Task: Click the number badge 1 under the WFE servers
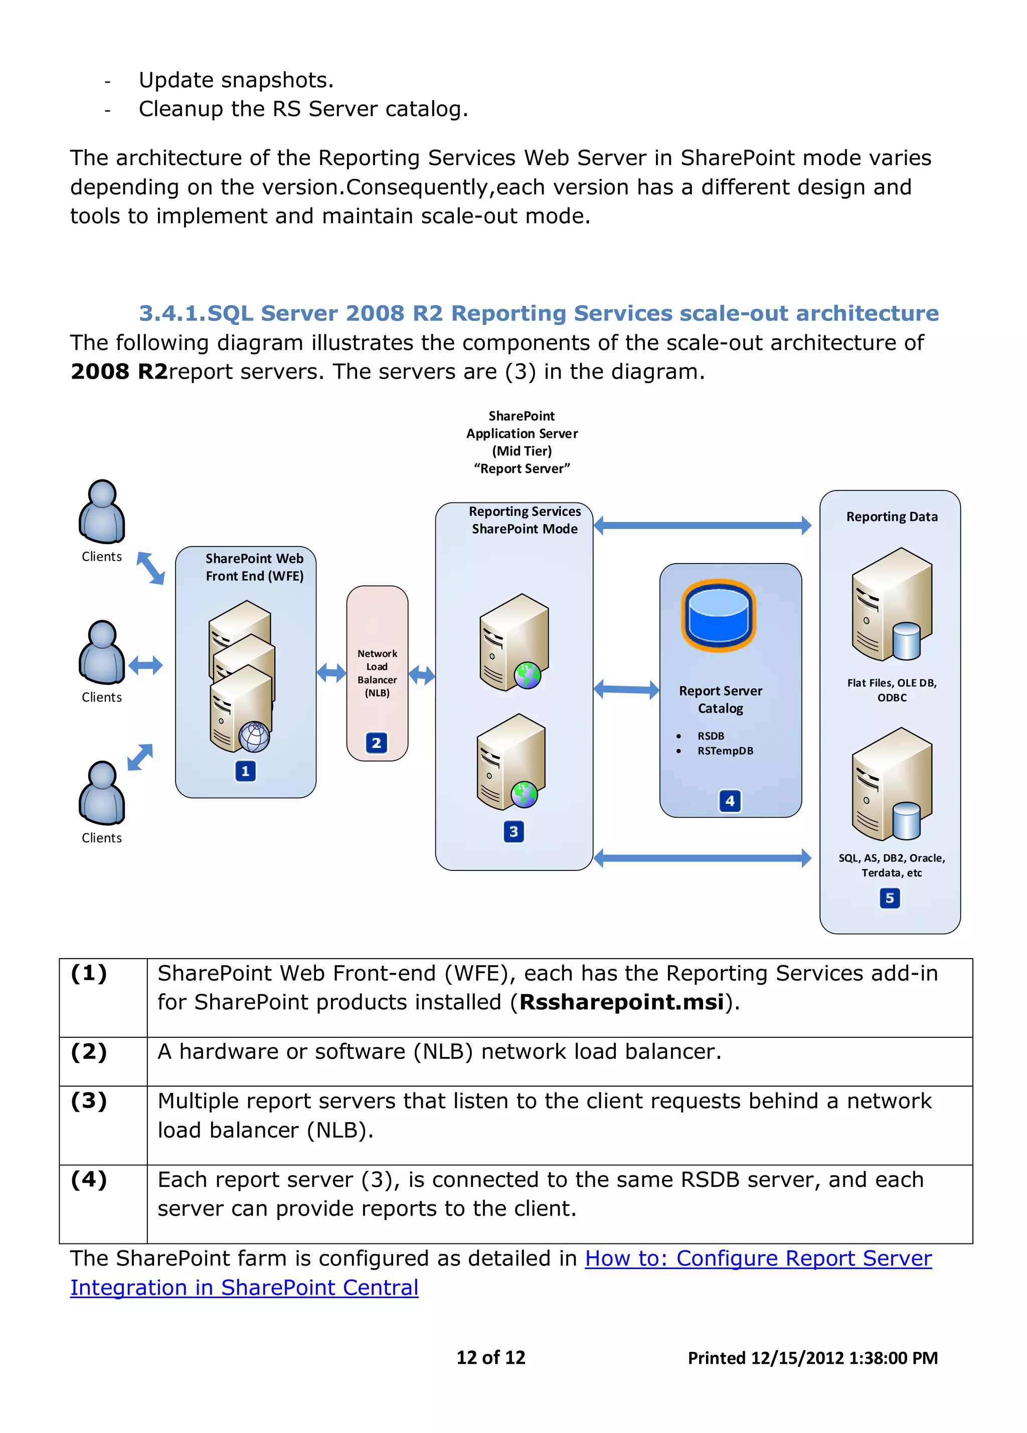(245, 771)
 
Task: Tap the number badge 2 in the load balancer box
(376, 743)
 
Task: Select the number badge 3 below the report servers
(513, 831)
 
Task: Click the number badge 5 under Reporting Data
(889, 898)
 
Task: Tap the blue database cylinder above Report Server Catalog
(718, 615)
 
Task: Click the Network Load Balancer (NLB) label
(377, 673)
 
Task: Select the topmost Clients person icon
(102, 512)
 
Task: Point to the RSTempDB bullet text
(725, 751)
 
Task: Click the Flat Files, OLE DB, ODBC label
(892, 690)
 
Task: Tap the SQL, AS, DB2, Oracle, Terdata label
(892, 865)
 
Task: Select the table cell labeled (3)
(89, 1101)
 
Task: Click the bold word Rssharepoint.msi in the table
(621, 1002)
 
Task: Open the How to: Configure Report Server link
(758, 1258)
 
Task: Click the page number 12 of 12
(490, 1357)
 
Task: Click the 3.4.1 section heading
(539, 313)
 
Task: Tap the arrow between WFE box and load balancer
(331, 672)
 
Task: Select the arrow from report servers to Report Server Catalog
(626, 689)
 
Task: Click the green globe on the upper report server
(527, 675)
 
